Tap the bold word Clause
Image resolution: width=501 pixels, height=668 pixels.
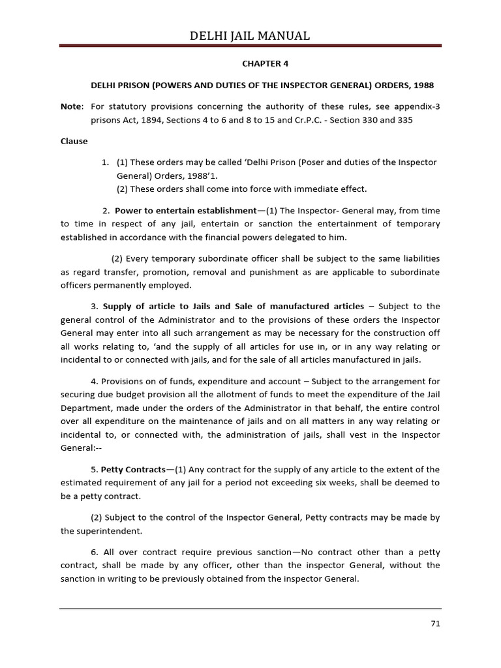pos(74,141)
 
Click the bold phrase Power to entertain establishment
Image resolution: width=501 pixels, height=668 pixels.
pos(185,210)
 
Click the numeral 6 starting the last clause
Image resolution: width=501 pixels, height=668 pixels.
pos(94,551)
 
